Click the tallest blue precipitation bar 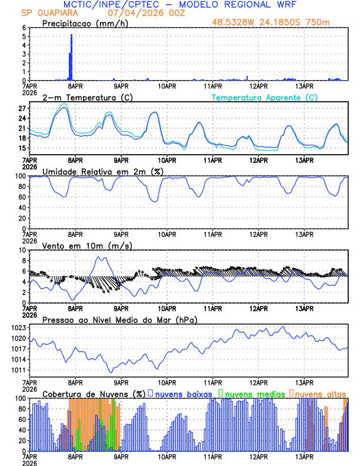(72, 57)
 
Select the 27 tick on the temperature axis (22, 109)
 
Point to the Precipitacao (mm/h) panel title (86, 23)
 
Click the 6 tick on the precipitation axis (24, 28)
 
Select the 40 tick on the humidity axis (22, 208)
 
